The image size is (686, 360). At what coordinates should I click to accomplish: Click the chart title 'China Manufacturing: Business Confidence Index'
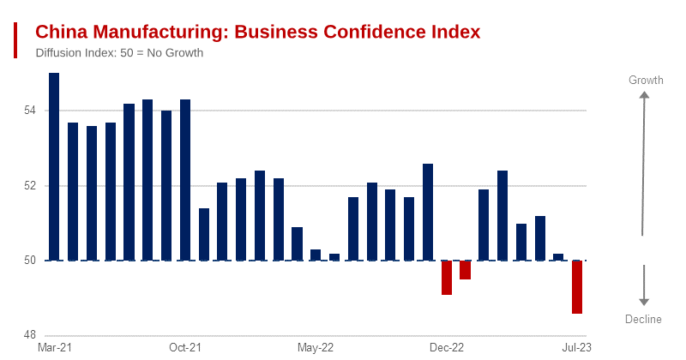(x=257, y=32)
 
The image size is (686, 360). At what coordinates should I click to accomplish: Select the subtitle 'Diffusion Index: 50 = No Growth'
(x=119, y=53)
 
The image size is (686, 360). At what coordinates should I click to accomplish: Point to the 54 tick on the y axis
(x=29, y=111)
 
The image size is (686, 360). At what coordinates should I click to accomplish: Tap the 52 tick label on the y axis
(x=29, y=186)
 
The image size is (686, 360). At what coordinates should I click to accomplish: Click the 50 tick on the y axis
(x=29, y=261)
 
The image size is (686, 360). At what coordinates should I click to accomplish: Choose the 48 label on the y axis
(x=29, y=335)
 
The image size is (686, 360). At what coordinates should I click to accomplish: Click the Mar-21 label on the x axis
(x=54, y=348)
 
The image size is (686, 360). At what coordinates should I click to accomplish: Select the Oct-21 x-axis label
(x=184, y=348)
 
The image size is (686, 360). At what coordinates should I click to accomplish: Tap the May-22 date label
(x=316, y=348)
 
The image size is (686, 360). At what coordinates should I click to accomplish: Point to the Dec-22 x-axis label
(x=446, y=348)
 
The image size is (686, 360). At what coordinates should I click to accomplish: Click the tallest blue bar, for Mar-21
(x=54, y=167)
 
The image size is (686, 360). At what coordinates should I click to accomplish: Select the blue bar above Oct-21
(x=185, y=180)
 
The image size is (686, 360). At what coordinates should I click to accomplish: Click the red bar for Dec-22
(x=447, y=278)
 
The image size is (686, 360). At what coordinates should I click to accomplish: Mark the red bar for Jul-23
(x=578, y=287)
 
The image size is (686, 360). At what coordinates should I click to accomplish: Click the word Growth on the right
(x=646, y=81)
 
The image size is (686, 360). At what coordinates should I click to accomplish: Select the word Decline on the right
(x=643, y=320)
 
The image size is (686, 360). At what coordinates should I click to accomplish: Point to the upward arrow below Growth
(x=644, y=163)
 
